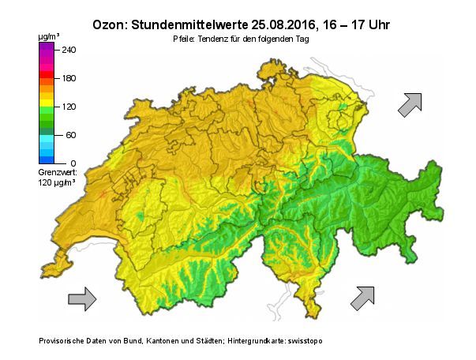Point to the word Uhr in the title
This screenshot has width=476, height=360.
(x=374, y=24)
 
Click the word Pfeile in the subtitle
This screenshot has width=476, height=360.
(x=184, y=39)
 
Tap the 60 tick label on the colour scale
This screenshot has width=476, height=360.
(x=70, y=135)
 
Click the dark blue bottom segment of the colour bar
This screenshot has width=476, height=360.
(x=46, y=160)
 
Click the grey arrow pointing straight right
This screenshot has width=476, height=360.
(x=81, y=298)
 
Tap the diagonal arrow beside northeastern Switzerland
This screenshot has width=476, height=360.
(x=410, y=104)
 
